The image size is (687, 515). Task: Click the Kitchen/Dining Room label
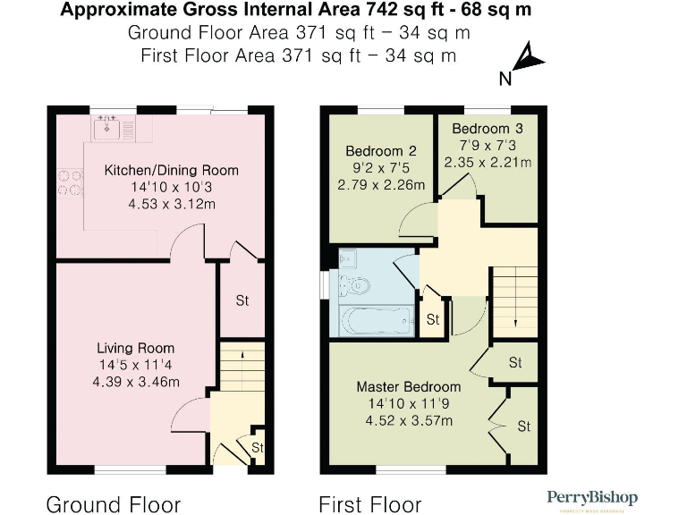(171, 170)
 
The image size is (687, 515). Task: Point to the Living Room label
(136, 348)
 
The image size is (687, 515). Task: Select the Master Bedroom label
(408, 387)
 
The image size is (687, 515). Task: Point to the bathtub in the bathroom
(371, 318)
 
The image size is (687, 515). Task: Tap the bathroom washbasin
(347, 259)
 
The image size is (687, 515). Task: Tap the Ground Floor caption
(113, 504)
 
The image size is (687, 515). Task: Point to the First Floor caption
(369, 504)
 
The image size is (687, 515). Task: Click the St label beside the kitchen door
(242, 300)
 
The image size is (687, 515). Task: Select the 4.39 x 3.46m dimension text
(136, 382)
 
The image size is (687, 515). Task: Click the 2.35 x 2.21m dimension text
(488, 163)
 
